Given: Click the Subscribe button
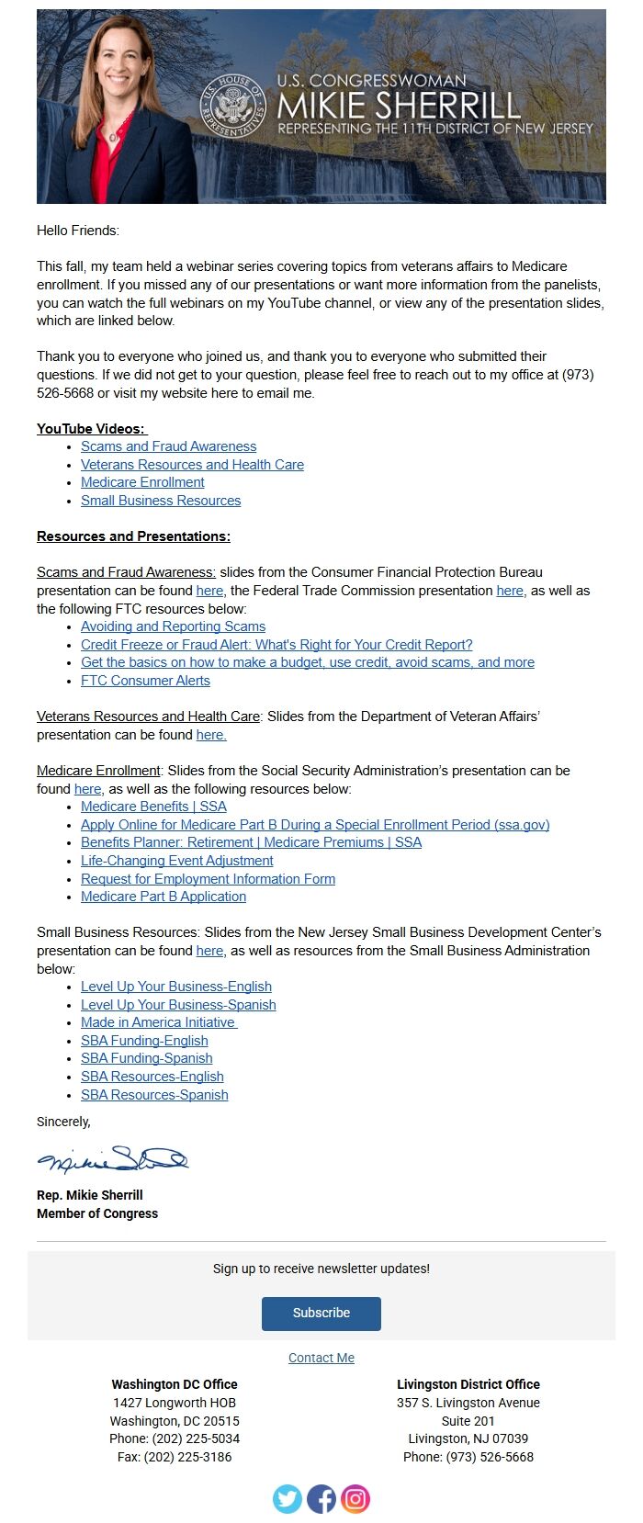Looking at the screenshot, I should [x=321, y=1313].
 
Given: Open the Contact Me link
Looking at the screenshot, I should [x=321, y=1358].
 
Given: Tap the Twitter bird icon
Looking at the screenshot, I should [x=288, y=1499].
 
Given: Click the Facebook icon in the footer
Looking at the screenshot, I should [x=321, y=1499].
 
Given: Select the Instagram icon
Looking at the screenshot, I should [x=355, y=1499].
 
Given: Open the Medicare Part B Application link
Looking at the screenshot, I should [x=164, y=897].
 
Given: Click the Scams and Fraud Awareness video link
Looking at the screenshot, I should [x=168, y=446].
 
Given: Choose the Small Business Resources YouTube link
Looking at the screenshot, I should [x=161, y=501].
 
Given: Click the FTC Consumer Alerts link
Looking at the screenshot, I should [x=145, y=681].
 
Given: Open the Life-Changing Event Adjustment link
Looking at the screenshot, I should [x=176, y=861].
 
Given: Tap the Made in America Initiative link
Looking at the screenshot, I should [x=158, y=1022].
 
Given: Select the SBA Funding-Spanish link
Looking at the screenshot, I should [x=146, y=1058].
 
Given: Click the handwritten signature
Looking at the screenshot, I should [x=112, y=1160].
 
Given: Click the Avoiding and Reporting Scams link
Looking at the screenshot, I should [x=173, y=626].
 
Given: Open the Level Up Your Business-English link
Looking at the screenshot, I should [x=175, y=987].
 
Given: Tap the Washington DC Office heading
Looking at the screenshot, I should [x=175, y=1384].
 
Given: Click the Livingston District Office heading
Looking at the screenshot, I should [x=468, y=1384].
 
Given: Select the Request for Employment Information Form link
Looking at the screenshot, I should [x=208, y=879].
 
